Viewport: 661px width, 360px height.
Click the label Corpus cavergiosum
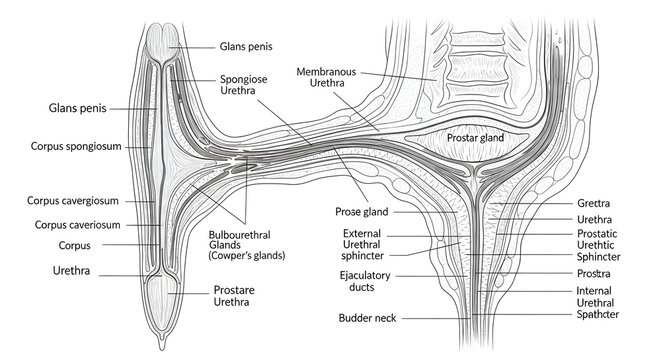(75, 200)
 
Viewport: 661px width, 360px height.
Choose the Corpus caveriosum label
(77, 224)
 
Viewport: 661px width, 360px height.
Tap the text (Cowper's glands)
(245, 256)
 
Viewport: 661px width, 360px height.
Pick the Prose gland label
(361, 212)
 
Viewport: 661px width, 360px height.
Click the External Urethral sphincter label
(362, 245)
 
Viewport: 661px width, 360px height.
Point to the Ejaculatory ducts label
(365, 281)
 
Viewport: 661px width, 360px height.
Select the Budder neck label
(368, 318)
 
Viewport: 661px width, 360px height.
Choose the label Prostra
(594, 272)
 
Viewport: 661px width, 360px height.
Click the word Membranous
(334, 71)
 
